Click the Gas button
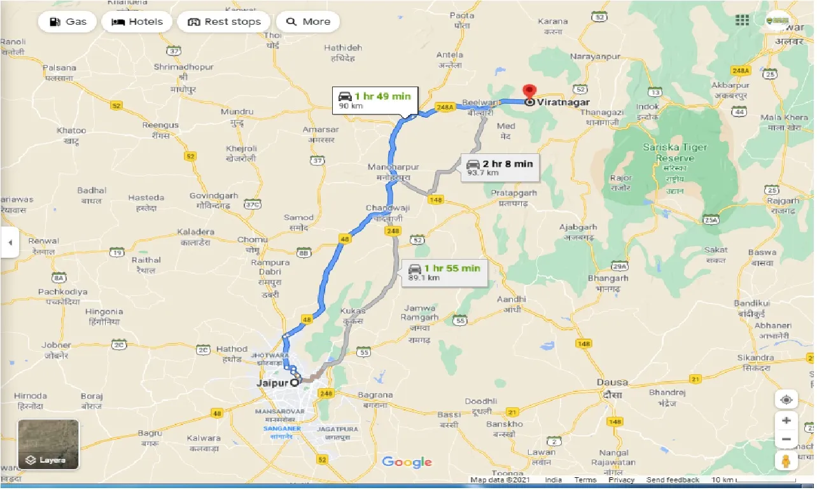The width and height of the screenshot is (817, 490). point(67,22)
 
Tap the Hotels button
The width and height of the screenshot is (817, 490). point(137,22)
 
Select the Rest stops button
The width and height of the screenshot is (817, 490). point(224,22)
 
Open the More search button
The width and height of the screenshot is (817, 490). point(308,22)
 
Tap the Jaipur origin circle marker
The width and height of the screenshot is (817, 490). point(295,383)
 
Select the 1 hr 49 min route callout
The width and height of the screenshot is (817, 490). point(374,101)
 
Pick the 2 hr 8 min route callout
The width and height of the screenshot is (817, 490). point(499,168)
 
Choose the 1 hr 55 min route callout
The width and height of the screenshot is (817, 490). point(443,272)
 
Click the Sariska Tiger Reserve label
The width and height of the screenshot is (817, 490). point(675,153)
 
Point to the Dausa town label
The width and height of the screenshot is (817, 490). point(612,382)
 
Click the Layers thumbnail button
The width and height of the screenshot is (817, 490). point(48,444)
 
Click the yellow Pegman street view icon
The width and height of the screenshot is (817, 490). point(786,460)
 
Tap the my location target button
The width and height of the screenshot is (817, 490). point(786,400)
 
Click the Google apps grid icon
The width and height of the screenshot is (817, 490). point(742,20)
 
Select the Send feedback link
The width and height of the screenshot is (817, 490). point(673,480)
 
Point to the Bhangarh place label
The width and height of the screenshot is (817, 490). point(608,278)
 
